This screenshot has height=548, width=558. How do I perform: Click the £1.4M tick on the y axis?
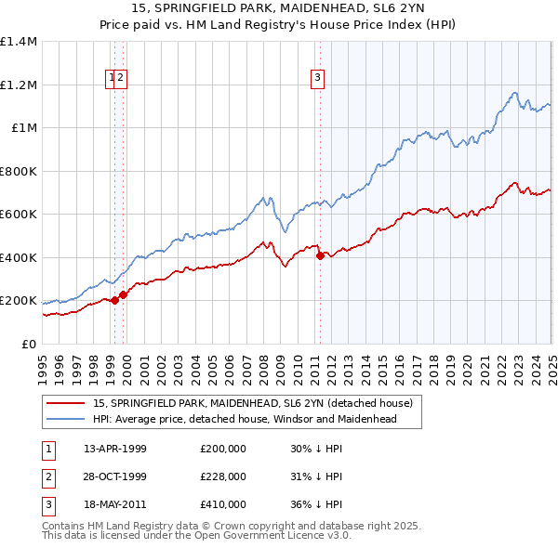(19, 42)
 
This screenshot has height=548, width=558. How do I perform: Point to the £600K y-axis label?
(19, 215)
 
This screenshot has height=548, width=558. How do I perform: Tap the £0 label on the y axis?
(30, 345)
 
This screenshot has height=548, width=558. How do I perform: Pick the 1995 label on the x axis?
(43, 360)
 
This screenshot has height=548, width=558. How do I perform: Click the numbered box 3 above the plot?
(318, 79)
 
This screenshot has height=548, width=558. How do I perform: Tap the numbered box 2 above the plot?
(122, 79)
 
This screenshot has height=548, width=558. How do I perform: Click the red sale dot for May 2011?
(320, 255)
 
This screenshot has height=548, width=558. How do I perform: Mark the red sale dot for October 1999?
(123, 294)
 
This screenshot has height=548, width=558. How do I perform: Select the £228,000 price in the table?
(223, 477)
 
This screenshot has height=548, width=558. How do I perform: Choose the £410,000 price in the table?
(223, 505)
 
